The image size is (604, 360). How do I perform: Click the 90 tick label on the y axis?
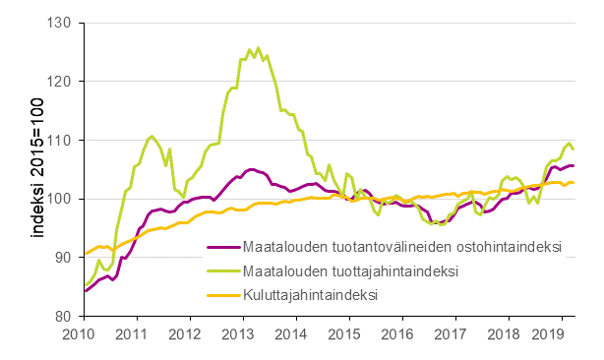[67, 258]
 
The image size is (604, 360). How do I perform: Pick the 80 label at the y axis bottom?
[67, 317]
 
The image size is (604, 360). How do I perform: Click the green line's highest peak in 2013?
[259, 47]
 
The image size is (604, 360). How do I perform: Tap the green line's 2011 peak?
[151, 136]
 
